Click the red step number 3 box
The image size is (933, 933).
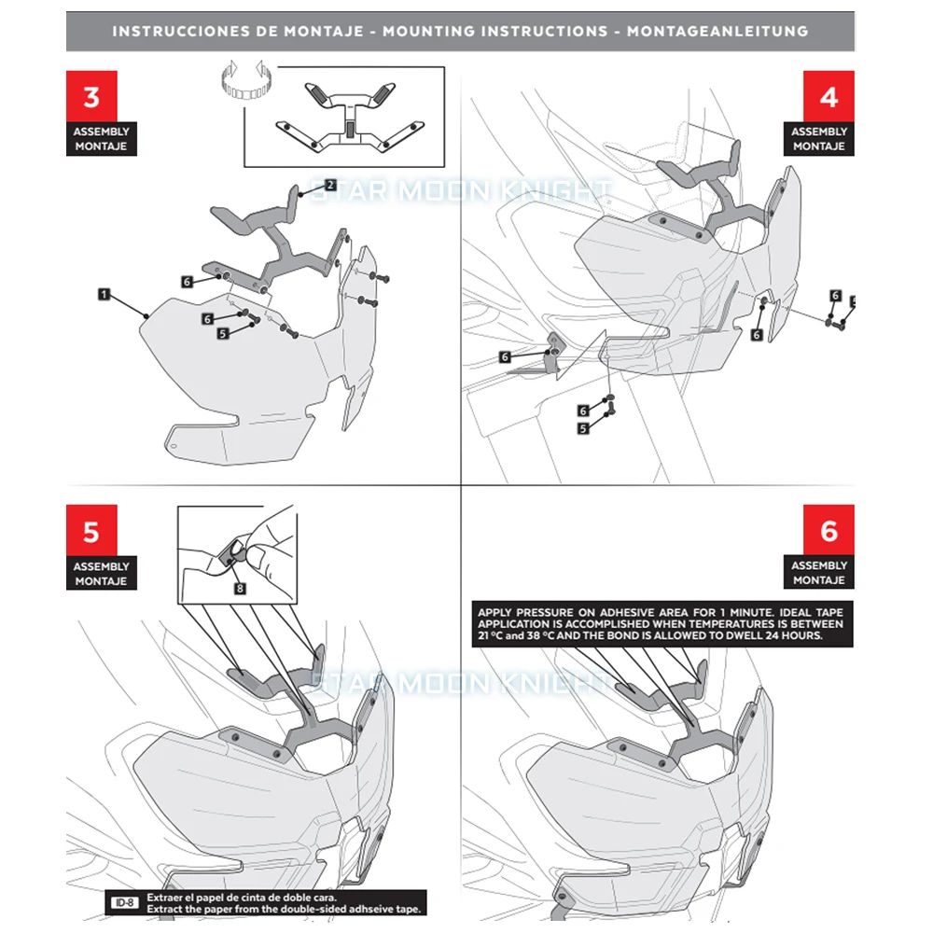pos(91,97)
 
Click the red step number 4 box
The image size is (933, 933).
pos(829,97)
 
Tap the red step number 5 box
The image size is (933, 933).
pos(91,532)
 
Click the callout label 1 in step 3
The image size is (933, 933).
pos(104,294)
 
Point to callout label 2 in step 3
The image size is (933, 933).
pos(329,185)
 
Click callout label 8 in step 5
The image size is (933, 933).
pos(240,588)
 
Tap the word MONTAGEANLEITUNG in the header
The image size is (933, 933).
pos(717,31)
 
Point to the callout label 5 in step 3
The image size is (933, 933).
pos(223,332)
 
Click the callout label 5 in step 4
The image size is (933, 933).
pos(583,428)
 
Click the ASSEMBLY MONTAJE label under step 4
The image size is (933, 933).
pos(818,139)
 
